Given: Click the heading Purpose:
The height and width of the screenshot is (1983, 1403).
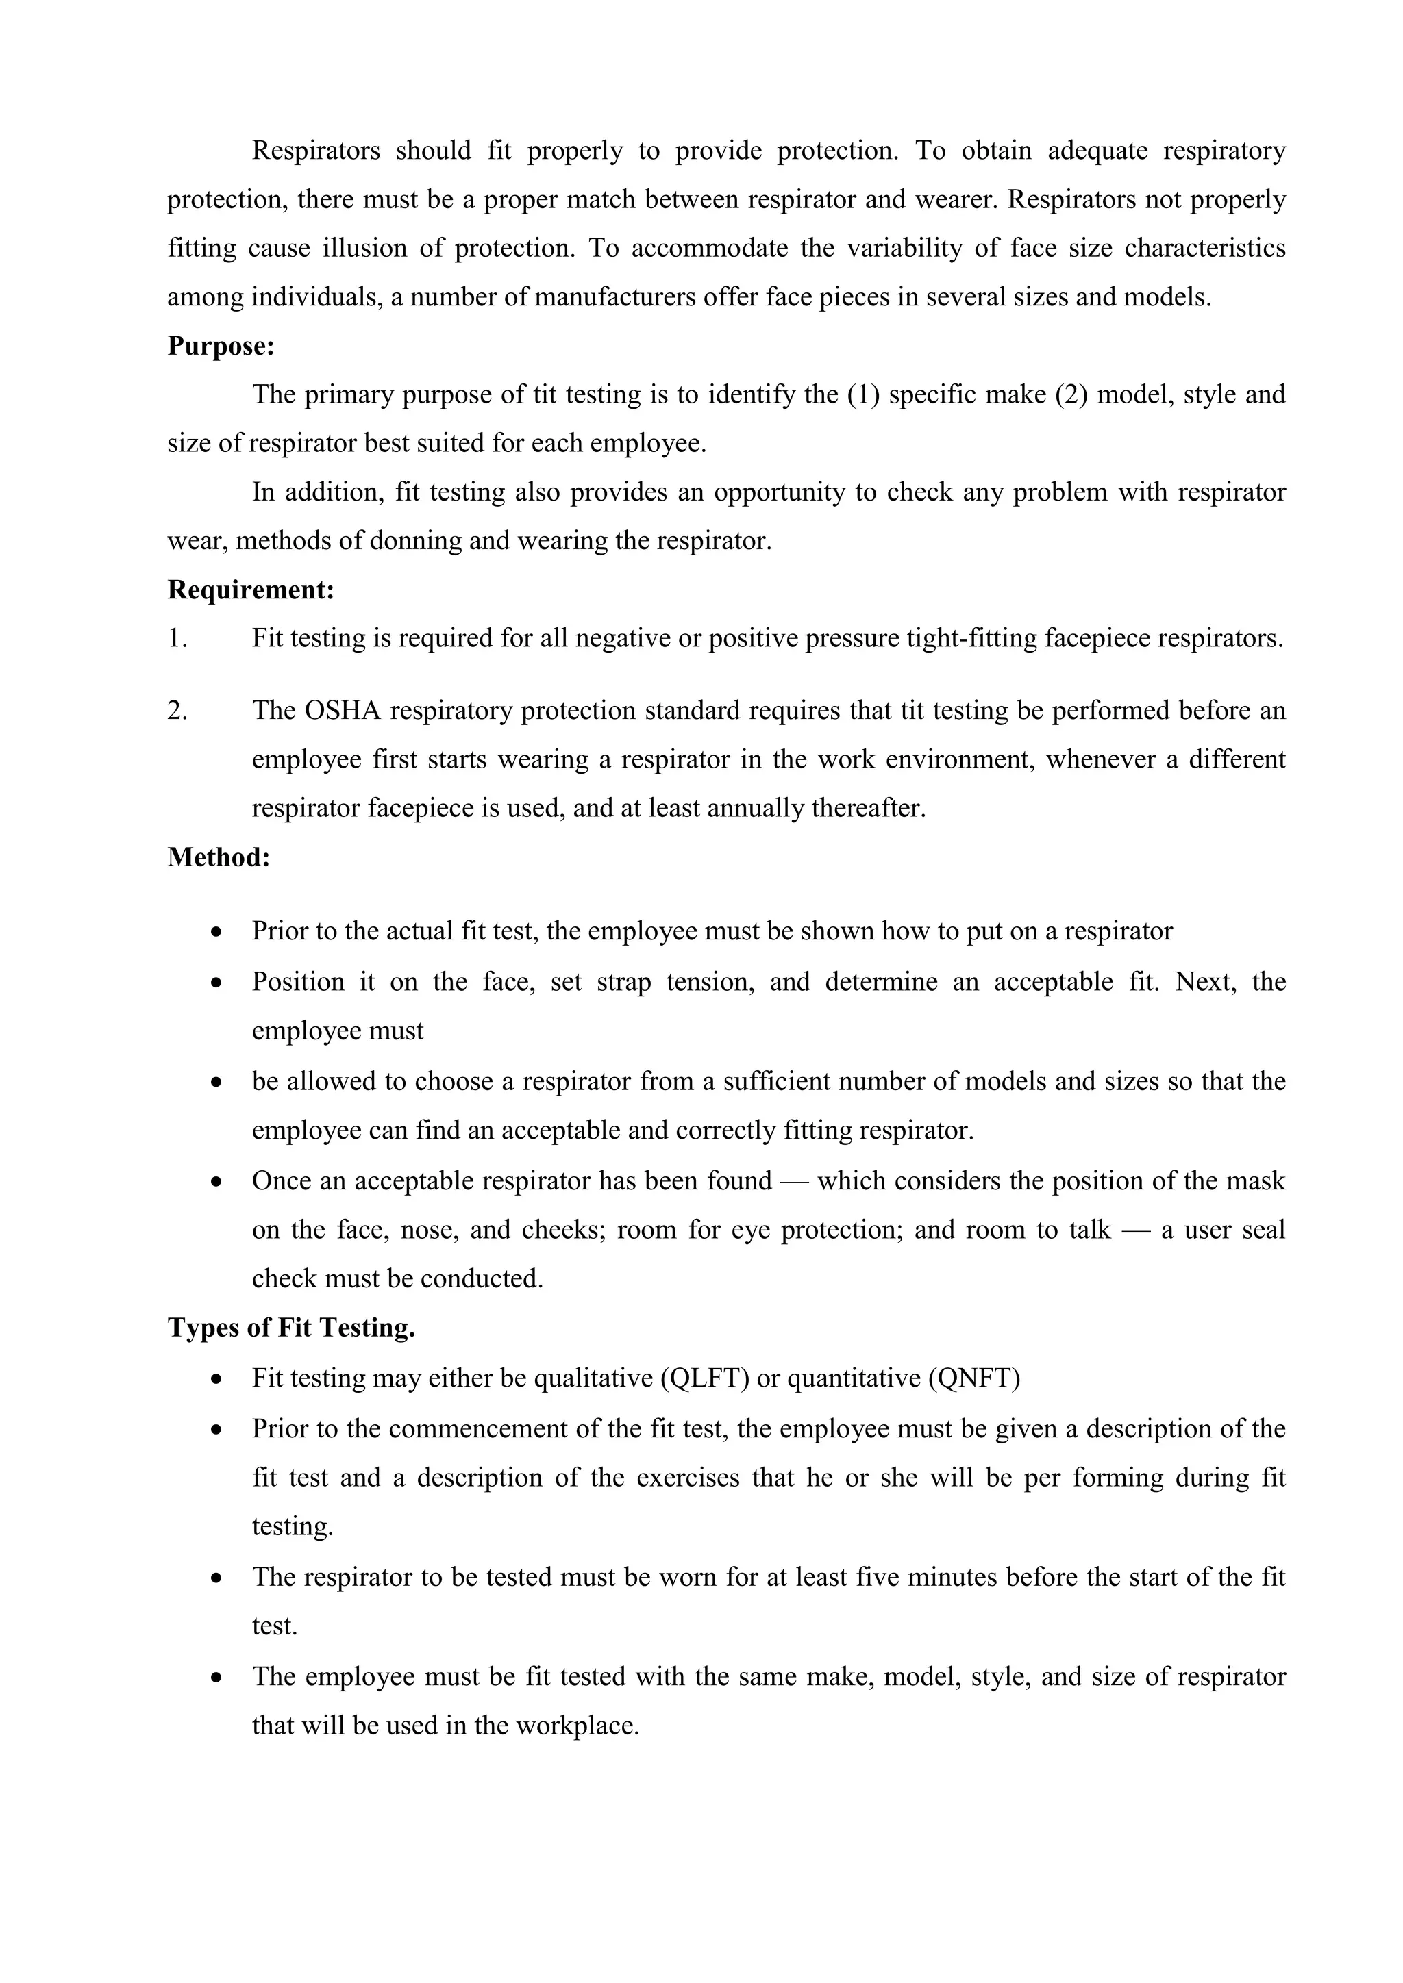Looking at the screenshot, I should point(221,346).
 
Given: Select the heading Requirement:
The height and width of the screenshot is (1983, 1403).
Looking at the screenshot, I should point(251,591).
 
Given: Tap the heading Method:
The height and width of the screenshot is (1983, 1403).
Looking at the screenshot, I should point(219,857).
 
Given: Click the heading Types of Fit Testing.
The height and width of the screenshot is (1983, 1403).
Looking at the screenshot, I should point(291,1328).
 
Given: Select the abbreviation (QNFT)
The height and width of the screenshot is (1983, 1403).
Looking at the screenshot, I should point(973,1378).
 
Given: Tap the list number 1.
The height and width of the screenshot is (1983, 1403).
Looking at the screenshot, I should point(177,639).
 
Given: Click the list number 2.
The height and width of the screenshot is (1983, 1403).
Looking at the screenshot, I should point(177,711).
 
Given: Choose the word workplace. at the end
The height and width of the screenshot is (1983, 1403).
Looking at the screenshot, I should point(577,1726).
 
